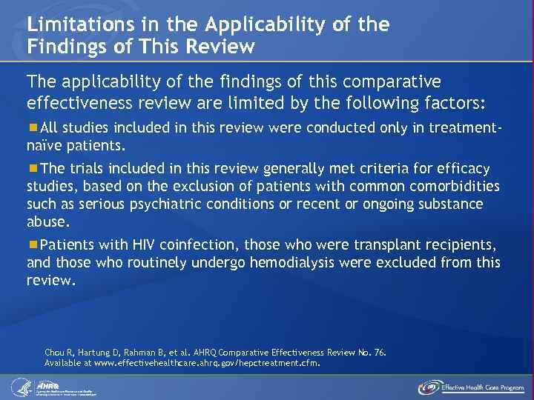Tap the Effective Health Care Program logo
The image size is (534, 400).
pyautogui.click(x=470, y=387)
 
